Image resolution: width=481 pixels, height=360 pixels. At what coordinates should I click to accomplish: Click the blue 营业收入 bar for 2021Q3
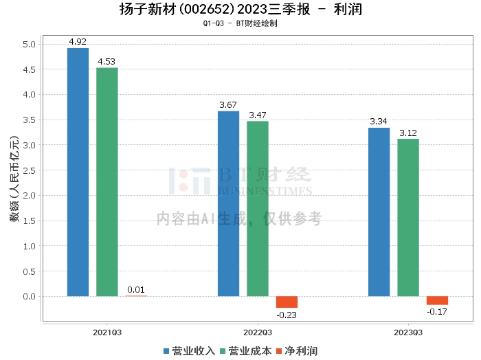78,172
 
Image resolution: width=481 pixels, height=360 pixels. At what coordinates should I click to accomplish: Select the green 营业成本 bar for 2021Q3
107,181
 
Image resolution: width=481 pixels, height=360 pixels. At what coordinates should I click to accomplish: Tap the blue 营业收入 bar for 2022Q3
228,203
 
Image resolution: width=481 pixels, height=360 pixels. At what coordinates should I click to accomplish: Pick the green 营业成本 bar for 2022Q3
257,208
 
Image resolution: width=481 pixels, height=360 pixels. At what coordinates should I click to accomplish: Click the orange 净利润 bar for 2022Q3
287,302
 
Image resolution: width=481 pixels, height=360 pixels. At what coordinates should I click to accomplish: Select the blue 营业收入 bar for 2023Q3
379,212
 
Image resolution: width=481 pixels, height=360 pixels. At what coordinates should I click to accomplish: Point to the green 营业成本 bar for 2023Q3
407,217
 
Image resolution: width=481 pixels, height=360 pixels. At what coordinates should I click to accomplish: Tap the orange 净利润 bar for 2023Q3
437,300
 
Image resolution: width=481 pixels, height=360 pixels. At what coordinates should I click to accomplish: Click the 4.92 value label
78,41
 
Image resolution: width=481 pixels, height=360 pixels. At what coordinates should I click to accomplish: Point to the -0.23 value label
287,315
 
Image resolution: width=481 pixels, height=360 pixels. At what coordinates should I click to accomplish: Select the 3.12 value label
407,133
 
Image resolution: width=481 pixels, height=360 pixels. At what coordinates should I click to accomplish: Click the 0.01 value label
136,289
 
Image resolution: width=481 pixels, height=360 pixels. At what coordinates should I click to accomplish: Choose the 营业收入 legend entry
190,351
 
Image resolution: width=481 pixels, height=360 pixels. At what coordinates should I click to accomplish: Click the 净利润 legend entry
296,351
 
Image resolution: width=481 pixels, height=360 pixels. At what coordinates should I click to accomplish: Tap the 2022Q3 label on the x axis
258,332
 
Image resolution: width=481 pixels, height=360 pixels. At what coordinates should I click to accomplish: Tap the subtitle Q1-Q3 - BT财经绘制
240,23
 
